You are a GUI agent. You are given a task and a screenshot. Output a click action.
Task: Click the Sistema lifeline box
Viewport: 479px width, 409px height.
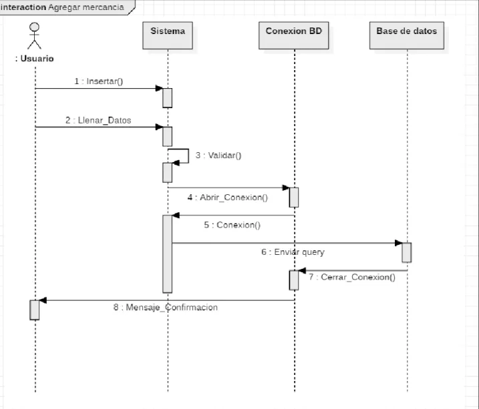coord(168,35)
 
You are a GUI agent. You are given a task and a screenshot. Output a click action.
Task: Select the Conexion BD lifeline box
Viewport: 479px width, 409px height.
coord(293,35)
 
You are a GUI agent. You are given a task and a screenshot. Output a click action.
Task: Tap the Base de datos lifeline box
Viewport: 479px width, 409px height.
coord(407,35)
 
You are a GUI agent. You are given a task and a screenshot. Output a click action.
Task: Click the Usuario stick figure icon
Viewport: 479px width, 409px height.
coord(34,35)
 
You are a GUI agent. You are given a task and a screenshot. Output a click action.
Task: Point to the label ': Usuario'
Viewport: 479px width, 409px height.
coord(34,59)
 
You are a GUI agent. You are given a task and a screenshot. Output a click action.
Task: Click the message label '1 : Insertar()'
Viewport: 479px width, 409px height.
coord(99,81)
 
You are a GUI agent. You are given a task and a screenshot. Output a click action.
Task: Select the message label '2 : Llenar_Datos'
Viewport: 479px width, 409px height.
coord(98,120)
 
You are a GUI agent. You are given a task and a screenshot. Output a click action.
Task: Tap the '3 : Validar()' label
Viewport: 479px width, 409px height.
coord(218,155)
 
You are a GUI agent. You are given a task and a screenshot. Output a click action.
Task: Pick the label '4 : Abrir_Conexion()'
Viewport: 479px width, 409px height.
coord(228,197)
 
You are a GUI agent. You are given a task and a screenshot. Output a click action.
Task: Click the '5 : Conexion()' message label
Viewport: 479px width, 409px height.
coord(232,225)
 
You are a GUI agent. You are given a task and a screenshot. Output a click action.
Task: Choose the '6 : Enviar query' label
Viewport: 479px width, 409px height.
coord(293,252)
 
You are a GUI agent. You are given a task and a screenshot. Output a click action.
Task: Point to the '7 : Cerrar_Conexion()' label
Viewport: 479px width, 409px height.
coord(352,277)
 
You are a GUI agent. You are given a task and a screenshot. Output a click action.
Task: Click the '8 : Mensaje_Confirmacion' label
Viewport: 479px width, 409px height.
coord(165,307)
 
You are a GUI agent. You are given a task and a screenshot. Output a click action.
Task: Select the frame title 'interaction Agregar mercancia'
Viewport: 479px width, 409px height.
coord(62,7)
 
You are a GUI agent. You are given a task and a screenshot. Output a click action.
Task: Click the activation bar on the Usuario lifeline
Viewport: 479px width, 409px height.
coord(35,310)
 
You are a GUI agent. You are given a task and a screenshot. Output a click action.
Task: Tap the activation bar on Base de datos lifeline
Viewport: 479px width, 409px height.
coord(407,252)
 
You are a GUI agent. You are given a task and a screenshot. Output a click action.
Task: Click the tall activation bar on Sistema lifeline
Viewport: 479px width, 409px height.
coord(168,254)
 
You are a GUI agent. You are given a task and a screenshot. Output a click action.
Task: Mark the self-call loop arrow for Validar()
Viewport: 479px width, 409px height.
coord(188,156)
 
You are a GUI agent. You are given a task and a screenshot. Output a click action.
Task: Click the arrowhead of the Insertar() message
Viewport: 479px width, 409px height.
coord(159,89)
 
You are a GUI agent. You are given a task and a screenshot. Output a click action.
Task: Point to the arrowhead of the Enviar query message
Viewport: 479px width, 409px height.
coord(399,243)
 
